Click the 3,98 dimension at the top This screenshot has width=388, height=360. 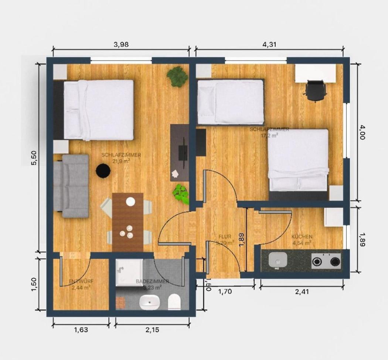[121, 44]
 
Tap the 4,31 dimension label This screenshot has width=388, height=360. [269, 44]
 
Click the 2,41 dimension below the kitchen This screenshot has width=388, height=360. [302, 291]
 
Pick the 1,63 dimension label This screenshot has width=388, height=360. [81, 329]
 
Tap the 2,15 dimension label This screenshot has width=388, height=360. [152, 329]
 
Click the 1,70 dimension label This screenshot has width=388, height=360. [225, 291]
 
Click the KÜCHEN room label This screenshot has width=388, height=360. [302, 236]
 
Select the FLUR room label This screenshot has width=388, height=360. [225, 236]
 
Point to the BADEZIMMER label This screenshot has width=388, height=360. [152, 282]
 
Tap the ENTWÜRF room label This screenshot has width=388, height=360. [81, 282]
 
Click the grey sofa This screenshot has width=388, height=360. [72, 186]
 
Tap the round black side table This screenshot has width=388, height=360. [103, 171]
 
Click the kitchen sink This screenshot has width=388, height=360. [278, 260]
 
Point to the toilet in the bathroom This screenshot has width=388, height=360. [174, 302]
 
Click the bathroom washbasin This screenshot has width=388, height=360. [149, 302]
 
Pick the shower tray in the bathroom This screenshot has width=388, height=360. [129, 272]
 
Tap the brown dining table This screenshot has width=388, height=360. [128, 222]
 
